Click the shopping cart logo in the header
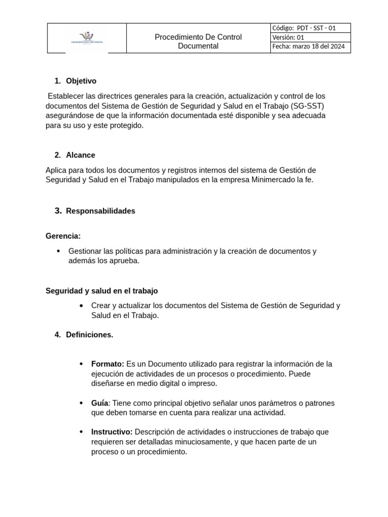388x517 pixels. (87, 37)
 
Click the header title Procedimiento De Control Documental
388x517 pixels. (198, 41)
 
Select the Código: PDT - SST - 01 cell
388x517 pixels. (310, 28)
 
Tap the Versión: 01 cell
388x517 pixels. (310, 37)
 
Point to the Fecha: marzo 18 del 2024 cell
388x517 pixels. (310, 47)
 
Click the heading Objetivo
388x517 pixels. (81, 81)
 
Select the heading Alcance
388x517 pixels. (80, 155)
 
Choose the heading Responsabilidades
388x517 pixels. (101, 211)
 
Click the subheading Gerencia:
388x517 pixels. (63, 236)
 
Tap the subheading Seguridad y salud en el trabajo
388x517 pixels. (102, 291)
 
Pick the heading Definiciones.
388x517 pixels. (89, 335)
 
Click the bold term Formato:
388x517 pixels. (108, 364)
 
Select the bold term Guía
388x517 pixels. (100, 403)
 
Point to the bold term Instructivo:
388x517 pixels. (112, 432)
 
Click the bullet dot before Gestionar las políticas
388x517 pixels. (59, 251)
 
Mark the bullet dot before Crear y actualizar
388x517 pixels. (82, 305)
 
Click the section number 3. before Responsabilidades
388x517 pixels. (58, 211)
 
